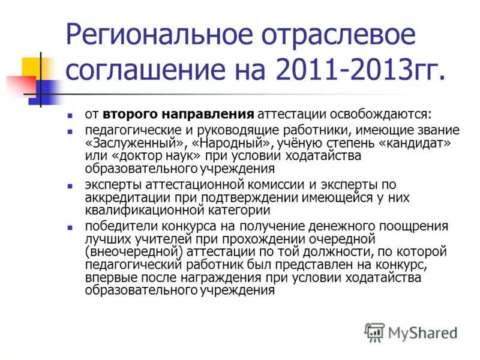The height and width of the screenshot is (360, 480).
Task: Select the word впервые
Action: (x=107, y=278)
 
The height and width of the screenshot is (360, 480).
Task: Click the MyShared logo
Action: (x=411, y=332)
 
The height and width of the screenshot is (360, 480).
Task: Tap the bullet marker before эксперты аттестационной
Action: (x=70, y=185)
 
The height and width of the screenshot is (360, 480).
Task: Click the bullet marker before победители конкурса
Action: (x=70, y=227)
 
